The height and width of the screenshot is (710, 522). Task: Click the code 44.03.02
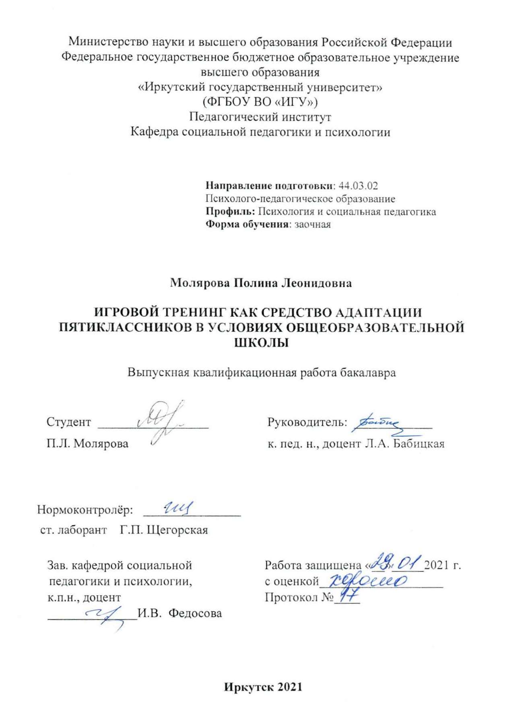[x=358, y=186]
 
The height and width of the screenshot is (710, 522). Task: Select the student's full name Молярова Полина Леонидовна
[x=261, y=283]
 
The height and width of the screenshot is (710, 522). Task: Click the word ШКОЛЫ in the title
[x=262, y=343]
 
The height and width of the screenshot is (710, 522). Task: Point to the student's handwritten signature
[x=161, y=421]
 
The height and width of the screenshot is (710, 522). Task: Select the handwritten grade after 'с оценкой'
[x=367, y=580]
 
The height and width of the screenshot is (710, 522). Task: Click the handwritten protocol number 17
[x=347, y=596]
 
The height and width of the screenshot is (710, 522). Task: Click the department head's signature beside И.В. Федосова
[x=105, y=615]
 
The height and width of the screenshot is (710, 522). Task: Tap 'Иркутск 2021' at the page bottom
[x=263, y=687]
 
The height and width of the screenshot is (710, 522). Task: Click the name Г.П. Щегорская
[x=164, y=530]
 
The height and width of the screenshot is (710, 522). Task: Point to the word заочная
[x=312, y=224]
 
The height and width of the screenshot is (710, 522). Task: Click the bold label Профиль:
[x=230, y=211]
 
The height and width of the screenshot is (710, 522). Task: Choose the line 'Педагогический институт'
[x=260, y=117]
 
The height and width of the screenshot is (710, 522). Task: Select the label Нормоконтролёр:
[x=85, y=510]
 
